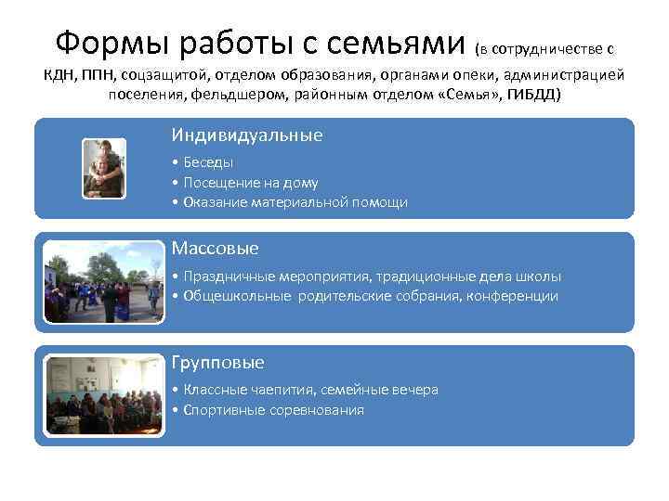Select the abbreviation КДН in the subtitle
(64, 75)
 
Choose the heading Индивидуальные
(247, 135)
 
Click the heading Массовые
(216, 249)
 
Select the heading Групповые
(218, 363)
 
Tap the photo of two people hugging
(103, 168)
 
